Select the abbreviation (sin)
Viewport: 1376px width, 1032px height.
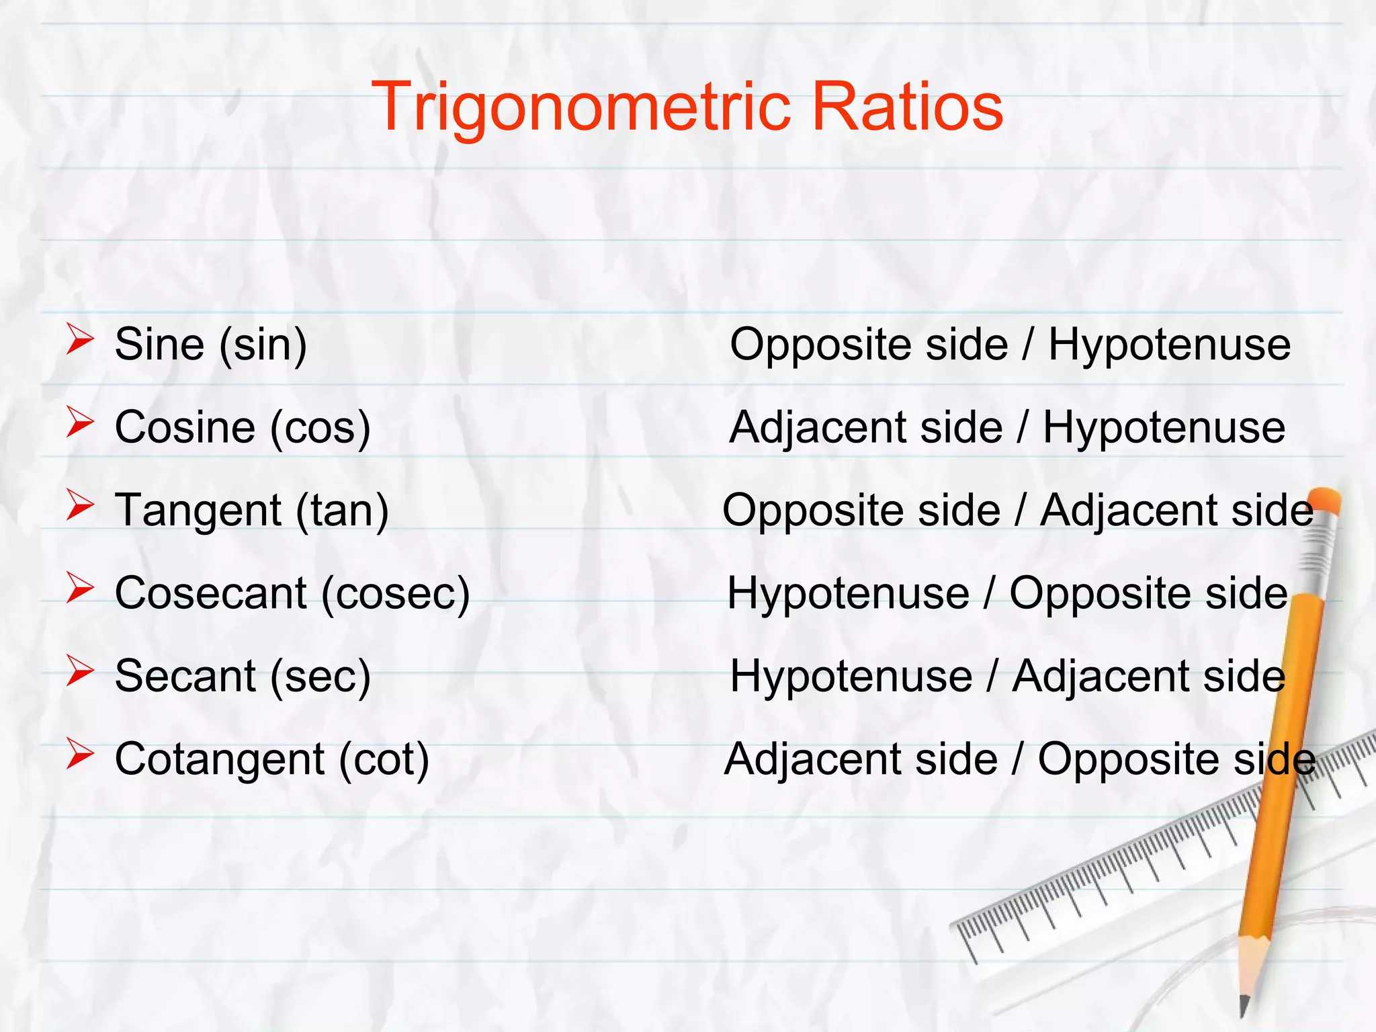263,345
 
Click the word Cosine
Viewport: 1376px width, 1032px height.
185,427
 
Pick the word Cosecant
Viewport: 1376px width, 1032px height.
211,593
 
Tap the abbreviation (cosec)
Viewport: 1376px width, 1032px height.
396,594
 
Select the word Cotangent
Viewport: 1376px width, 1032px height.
220,759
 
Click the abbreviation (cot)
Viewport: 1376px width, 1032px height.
384,760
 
